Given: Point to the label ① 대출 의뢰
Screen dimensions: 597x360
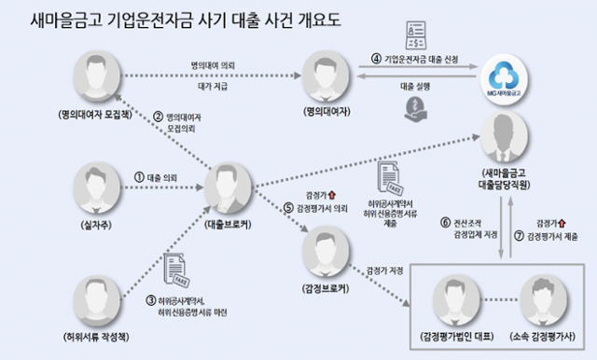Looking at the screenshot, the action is coord(155,174).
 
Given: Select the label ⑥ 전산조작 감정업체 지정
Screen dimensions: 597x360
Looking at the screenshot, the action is coord(467,228).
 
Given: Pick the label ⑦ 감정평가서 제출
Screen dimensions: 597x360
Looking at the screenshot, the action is coord(560,228).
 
